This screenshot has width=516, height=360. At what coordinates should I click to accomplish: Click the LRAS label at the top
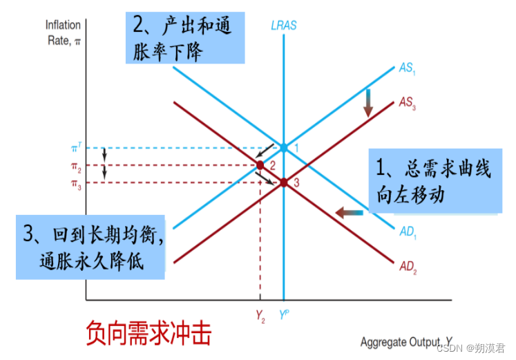click(x=284, y=26)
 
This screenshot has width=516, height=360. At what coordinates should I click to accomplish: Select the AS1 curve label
click(x=407, y=68)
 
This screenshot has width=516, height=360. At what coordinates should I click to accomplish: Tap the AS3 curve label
click(x=407, y=102)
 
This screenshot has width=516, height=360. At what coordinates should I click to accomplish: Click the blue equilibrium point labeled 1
click(x=284, y=148)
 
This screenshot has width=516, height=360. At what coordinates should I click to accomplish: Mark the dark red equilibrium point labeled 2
click(x=260, y=165)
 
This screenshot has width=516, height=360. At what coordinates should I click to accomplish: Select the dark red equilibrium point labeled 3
click(x=284, y=182)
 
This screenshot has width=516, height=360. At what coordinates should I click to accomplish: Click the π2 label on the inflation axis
click(x=76, y=166)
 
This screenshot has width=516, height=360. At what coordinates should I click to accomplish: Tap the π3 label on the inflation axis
click(x=76, y=183)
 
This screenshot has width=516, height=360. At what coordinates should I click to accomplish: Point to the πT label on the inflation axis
click(x=76, y=147)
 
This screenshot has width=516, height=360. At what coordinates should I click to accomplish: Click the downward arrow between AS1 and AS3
click(x=368, y=102)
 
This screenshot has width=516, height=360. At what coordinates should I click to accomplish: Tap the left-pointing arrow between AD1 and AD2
click(x=349, y=213)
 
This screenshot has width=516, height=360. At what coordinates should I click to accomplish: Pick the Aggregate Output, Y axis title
click(x=406, y=342)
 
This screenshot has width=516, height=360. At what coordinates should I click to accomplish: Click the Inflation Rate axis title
click(x=63, y=32)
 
